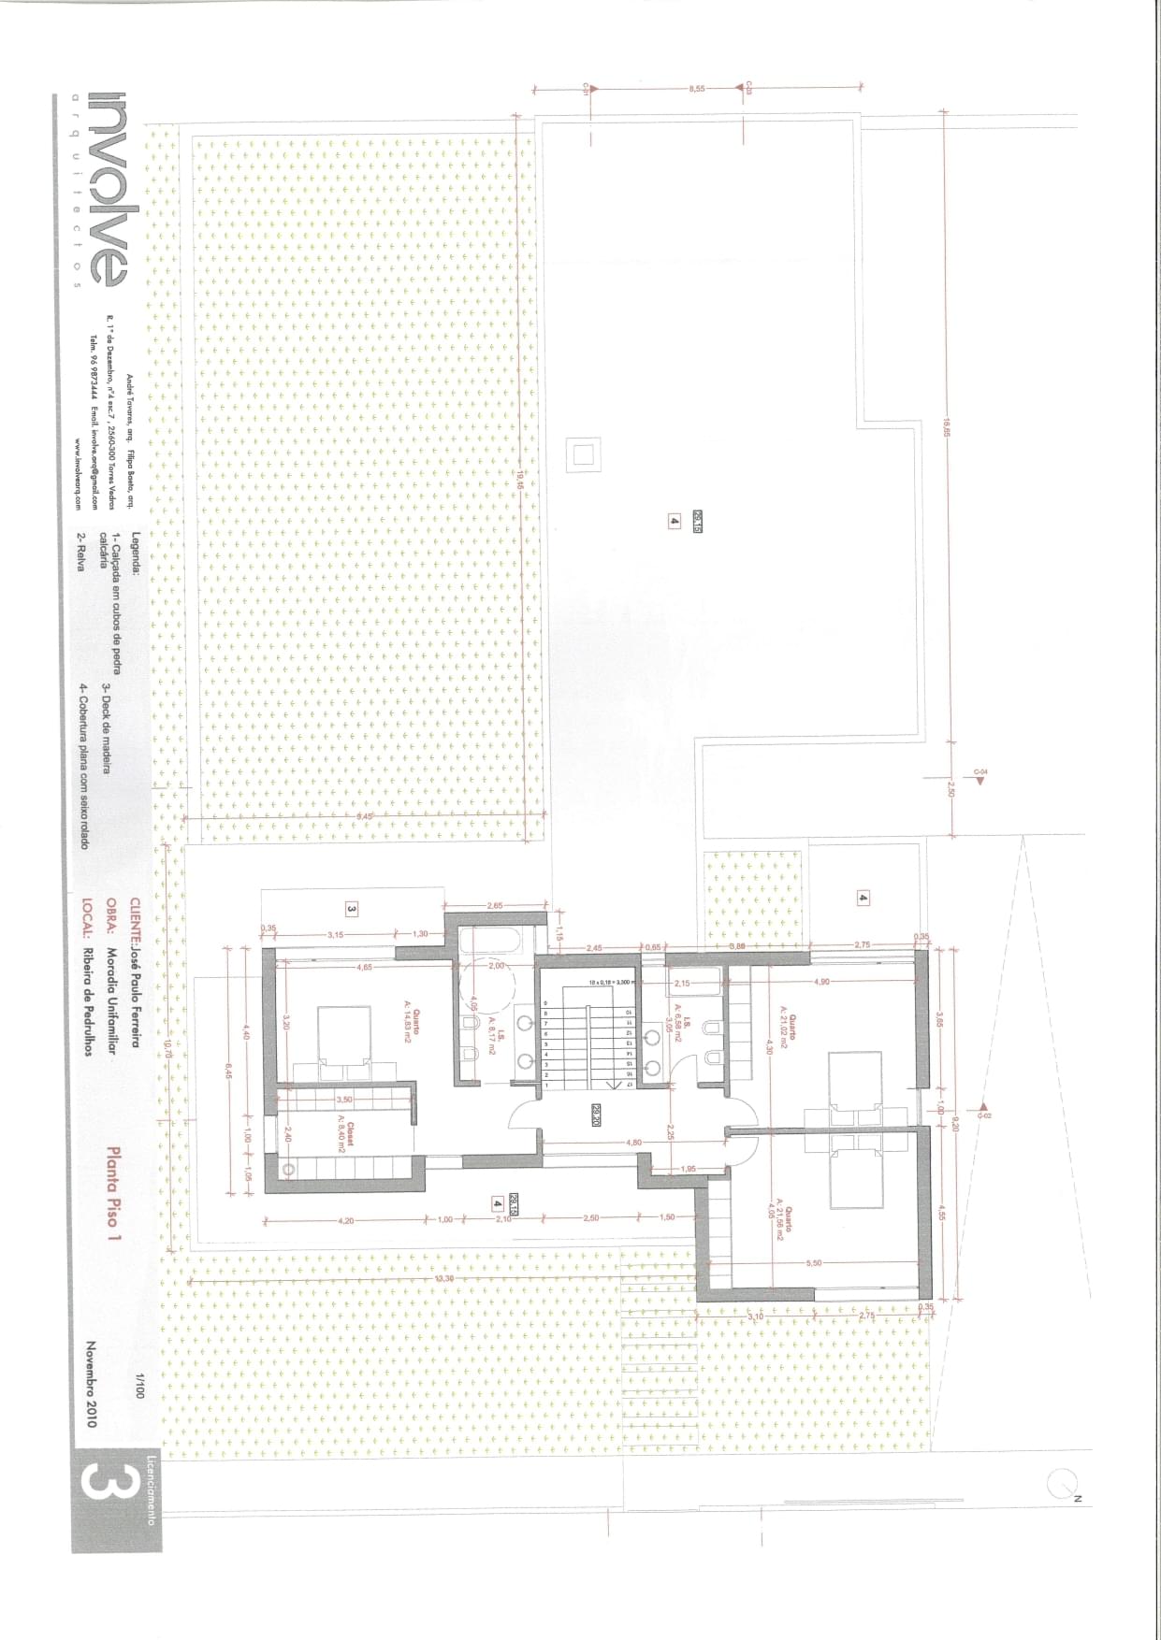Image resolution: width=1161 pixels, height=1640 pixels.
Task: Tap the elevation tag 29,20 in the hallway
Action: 595,1115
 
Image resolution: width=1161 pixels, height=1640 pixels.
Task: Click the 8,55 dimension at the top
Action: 696,88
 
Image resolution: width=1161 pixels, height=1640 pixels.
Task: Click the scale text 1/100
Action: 139,1386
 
